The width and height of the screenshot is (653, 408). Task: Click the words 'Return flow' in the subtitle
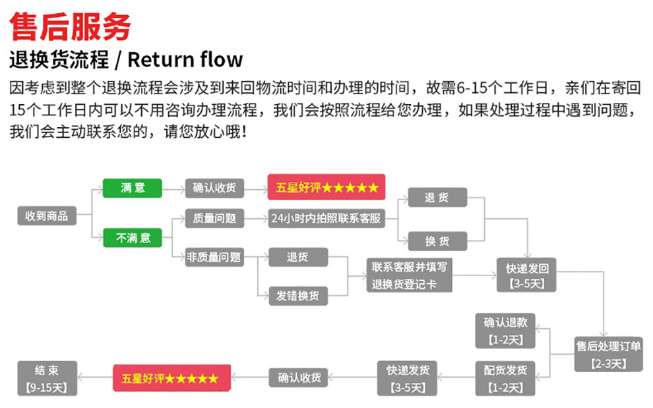[185, 59]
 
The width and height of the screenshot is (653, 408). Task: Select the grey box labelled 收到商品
[46, 216]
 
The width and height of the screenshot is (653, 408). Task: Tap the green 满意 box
[132, 188]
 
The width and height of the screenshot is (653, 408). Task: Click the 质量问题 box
[214, 218]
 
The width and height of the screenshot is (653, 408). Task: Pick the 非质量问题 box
[214, 257]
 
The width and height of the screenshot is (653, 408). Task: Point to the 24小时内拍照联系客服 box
[326, 218]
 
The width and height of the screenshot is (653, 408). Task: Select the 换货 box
[437, 241]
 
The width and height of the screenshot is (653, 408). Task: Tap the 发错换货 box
[297, 295]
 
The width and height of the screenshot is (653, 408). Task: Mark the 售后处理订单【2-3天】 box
[608, 354]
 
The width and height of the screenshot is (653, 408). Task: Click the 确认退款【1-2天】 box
[505, 331]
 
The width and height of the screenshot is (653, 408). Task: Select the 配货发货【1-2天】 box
[505, 378]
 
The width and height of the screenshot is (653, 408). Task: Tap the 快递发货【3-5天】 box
[407, 378]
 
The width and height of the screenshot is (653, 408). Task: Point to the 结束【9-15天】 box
[47, 378]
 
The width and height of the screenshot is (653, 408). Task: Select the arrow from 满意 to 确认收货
[173, 189]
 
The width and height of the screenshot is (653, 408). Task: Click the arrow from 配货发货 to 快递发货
[456, 378]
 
